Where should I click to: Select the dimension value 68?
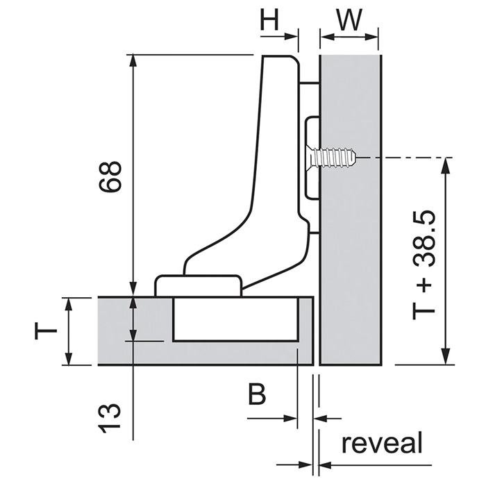tap(110, 176)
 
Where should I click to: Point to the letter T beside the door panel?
tap(46, 330)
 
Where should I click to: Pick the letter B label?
tap(257, 394)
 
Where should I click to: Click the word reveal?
tap(382, 442)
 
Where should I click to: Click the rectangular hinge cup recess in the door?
tap(235, 319)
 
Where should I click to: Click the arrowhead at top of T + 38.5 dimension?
tap(446, 164)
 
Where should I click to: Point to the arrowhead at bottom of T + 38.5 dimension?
tap(446, 358)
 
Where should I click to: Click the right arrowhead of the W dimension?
tap(371, 37)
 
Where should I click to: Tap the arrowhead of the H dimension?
tap(292, 37)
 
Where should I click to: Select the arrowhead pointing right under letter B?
tap(290, 418)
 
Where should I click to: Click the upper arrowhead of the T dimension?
tap(69, 304)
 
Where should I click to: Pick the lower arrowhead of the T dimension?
tap(69, 359)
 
